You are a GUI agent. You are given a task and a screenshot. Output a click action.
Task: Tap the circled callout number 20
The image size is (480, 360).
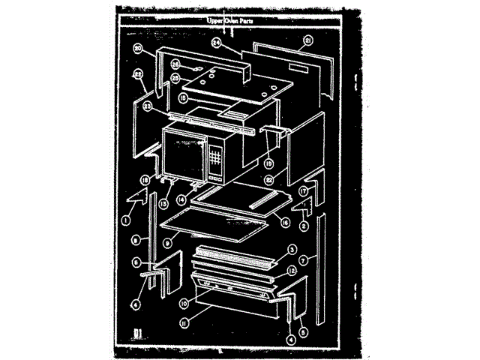pos(138,49)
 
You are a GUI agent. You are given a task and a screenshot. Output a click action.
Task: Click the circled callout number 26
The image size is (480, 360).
pos(175,64)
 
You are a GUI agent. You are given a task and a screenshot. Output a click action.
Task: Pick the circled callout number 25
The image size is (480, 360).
pos(175,77)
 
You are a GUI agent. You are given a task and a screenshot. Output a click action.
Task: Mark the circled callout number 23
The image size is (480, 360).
pos(148,107)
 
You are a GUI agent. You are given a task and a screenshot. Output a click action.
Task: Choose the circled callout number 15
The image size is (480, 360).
pos(183,97)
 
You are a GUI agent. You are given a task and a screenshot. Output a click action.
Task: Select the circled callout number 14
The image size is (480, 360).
pos(182,201)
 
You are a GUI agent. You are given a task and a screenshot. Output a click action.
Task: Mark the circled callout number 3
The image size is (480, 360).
pos(293,250)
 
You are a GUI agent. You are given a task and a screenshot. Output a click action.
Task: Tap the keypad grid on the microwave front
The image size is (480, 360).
pos(215,160)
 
